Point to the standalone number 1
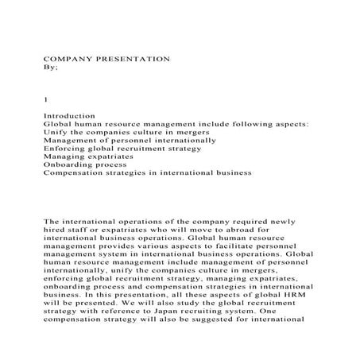tap(45, 100)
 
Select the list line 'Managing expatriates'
tap(87, 157)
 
